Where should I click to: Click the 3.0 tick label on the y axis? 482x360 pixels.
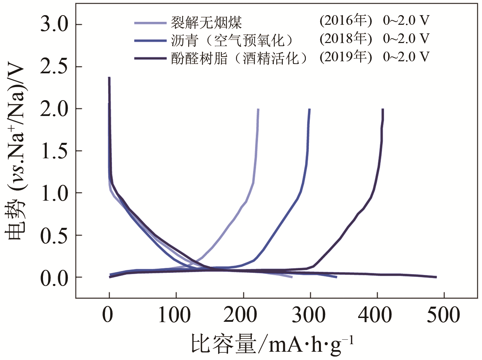click(x=54, y=24)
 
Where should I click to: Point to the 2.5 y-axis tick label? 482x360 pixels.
click(x=54, y=67)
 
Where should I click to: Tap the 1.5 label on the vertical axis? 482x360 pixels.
click(x=54, y=151)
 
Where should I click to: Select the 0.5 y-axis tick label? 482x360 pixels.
click(x=54, y=235)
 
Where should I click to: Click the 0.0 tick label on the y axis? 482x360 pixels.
click(x=54, y=278)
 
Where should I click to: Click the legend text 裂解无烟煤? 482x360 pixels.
click(x=206, y=23)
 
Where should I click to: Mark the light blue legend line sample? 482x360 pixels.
click(x=150, y=23)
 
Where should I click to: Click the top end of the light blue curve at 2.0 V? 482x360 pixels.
click(x=258, y=109)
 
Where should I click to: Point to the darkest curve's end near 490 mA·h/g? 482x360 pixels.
click(x=436, y=277)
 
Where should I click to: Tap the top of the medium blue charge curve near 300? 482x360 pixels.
click(x=310, y=109)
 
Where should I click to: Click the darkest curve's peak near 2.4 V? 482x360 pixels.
click(x=109, y=78)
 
